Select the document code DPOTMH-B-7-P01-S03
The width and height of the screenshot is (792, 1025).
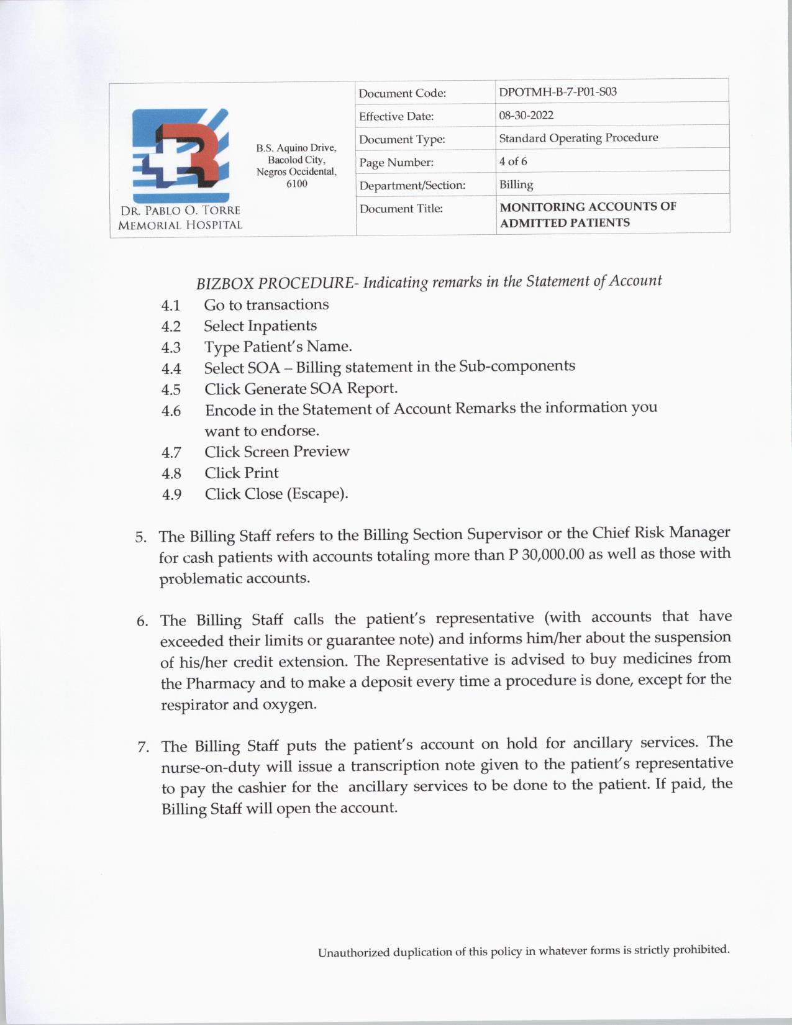click(557, 92)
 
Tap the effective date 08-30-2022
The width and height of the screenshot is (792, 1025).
click(526, 115)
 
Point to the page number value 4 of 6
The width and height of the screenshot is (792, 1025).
click(513, 162)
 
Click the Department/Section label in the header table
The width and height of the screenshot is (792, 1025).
click(412, 185)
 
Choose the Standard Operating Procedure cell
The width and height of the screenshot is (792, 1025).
click(578, 138)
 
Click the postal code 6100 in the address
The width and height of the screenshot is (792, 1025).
click(296, 184)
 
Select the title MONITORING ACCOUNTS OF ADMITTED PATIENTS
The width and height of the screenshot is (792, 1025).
click(588, 214)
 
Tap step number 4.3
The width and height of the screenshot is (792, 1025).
click(171, 347)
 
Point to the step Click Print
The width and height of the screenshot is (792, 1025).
click(242, 473)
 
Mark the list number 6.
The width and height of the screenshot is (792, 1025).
click(142, 621)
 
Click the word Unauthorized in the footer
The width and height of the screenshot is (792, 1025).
click(354, 952)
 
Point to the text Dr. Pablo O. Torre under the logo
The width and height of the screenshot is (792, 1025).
click(180, 210)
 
